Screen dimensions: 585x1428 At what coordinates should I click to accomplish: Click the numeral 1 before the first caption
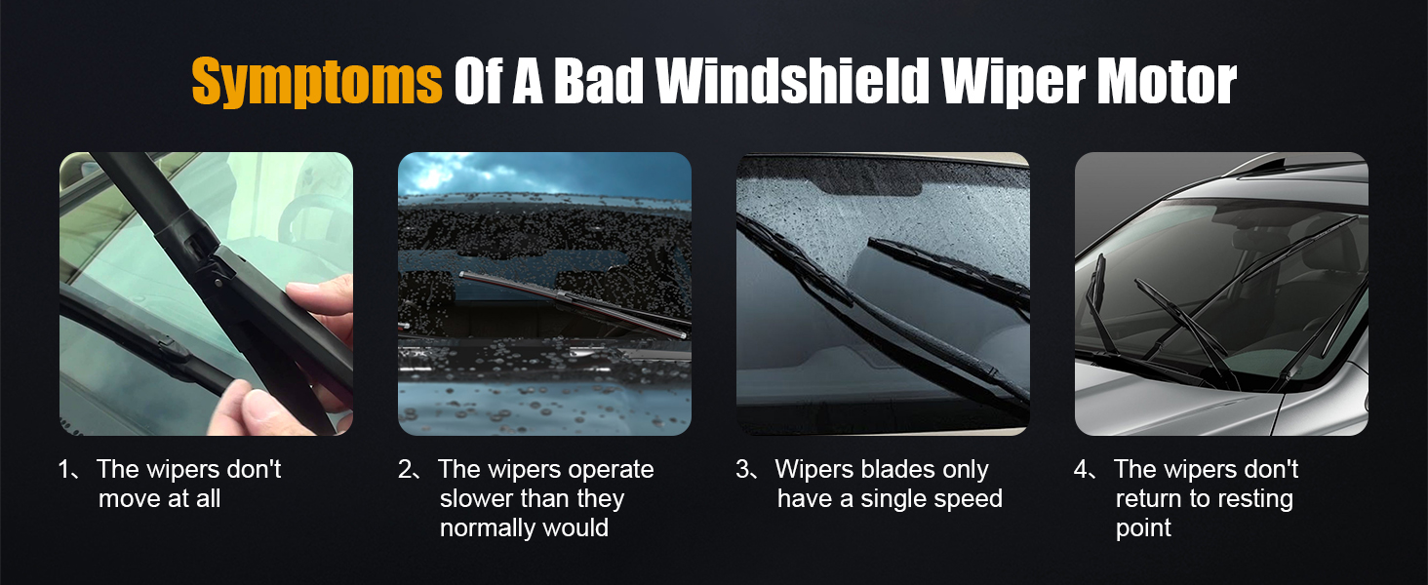click(64, 470)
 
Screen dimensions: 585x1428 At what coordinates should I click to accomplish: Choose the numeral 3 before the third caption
click(744, 470)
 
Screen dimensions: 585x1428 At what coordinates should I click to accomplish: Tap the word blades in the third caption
click(897, 470)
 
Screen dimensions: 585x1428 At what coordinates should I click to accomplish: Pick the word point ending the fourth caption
click(1143, 528)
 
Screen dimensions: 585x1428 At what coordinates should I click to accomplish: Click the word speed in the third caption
click(966, 499)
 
